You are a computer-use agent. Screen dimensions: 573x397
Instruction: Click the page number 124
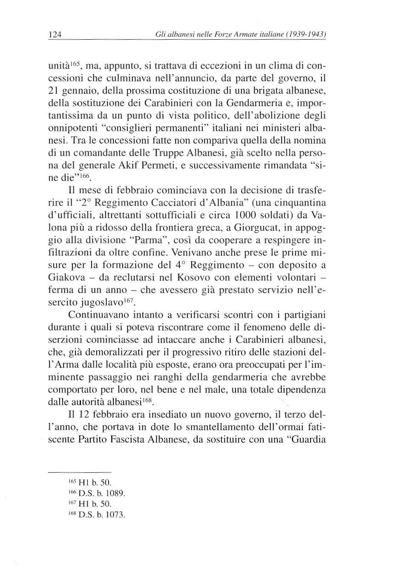coord(55,35)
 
